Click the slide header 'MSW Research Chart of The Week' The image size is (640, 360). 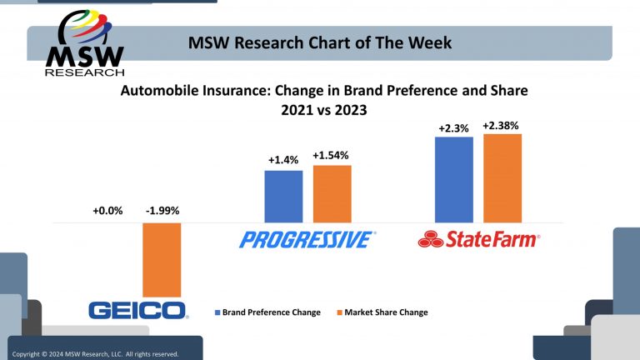point(320,42)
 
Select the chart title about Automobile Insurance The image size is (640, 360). point(325,98)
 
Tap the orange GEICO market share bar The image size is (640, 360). point(162,260)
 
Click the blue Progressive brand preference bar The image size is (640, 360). point(283,196)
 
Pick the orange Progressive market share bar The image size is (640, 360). point(332,193)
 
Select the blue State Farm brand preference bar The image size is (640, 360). point(454,179)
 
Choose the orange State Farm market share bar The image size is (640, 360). point(502,177)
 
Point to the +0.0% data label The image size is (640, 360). point(107,211)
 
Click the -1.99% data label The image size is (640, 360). point(162,211)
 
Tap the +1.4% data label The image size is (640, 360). point(282,158)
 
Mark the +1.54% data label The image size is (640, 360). point(332,155)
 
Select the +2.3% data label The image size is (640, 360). point(454,128)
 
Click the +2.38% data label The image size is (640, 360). point(501,126)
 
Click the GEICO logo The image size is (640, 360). point(138,311)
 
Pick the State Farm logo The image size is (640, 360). point(478,240)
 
